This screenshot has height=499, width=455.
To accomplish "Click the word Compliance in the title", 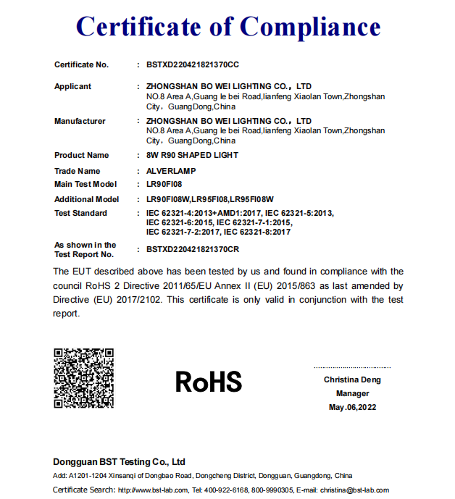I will pos(310,27).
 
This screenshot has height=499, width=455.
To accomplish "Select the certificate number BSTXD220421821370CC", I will pos(192,65).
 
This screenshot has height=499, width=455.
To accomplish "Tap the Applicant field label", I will pos(72,86).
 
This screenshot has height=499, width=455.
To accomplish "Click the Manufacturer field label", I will pos(80,121).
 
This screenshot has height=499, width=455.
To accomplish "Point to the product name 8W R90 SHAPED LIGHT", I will pos(192,155).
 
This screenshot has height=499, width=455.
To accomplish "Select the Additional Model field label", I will pos(86,199).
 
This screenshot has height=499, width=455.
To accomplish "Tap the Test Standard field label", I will pos(80,213).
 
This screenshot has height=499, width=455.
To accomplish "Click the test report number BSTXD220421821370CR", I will pos(192,250).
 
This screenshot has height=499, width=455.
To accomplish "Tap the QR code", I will pos(84,378).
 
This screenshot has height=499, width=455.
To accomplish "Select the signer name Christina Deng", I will pos(352,380).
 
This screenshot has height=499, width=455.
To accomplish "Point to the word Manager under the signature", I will pos(352,393).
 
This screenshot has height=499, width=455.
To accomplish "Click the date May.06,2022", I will pos(352,407).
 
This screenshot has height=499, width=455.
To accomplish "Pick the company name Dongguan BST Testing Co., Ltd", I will pos(119,462).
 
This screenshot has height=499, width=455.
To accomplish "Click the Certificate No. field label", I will pos(81,65).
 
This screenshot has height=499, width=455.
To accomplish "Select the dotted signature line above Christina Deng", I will pos(352,368).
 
